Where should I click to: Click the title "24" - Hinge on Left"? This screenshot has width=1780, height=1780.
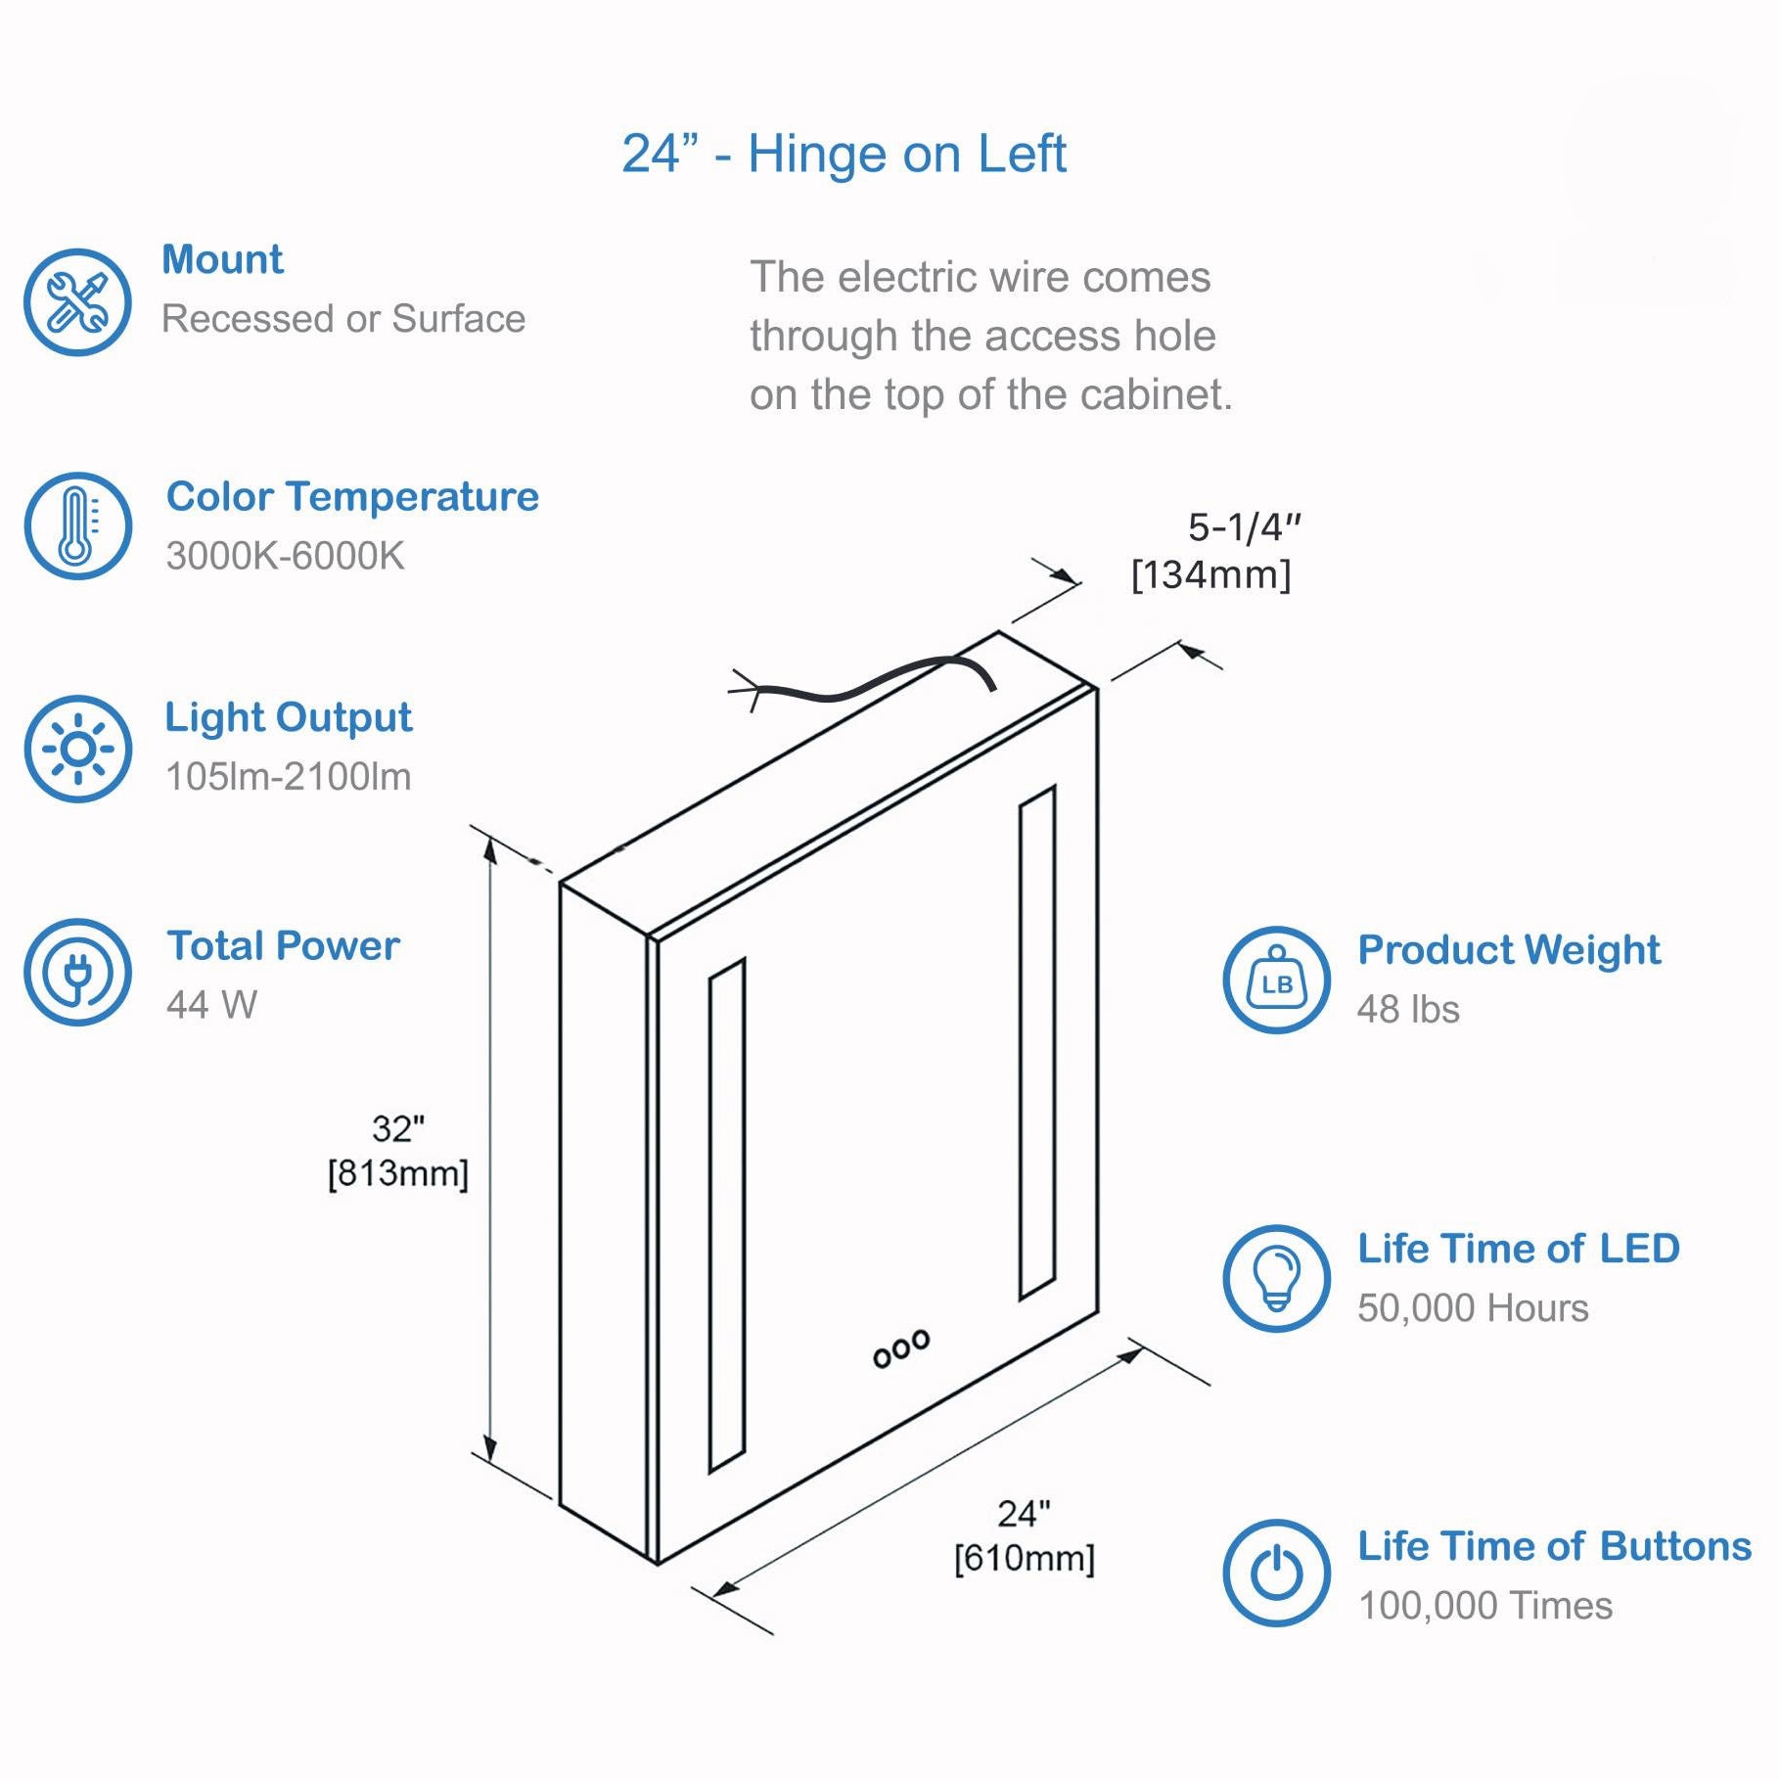pos(844,154)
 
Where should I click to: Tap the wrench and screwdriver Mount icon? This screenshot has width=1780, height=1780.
pos(77,301)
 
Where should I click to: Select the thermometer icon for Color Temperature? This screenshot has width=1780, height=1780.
pos(77,526)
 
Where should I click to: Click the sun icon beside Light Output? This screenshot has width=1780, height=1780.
pos(77,750)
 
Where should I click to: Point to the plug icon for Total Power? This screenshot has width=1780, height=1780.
pos(77,973)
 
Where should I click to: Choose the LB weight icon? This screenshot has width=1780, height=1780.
pos(1276,980)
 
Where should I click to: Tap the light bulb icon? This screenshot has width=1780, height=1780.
pos(1276,1278)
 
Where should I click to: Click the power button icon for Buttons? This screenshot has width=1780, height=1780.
pos(1276,1574)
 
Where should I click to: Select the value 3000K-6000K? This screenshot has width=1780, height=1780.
pos(285,556)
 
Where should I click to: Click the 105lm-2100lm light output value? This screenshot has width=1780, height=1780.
pos(289,777)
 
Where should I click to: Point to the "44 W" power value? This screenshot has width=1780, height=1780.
pos(211,1005)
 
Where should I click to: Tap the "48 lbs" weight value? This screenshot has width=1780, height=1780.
pos(1408,1010)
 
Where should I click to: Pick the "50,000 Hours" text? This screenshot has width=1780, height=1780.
pos(1473,1308)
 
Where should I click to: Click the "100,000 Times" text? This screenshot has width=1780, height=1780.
pos(1485,1606)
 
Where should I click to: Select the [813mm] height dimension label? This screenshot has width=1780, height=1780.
pos(398,1173)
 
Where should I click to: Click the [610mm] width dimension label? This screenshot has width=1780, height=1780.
pos(1025,1559)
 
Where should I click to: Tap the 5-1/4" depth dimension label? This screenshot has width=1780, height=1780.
pos(1245,527)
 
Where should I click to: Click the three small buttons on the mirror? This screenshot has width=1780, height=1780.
pos(901,1347)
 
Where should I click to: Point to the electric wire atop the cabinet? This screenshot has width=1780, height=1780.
pos(861,682)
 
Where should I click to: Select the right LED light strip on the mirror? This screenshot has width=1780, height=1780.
pos(1037,1043)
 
